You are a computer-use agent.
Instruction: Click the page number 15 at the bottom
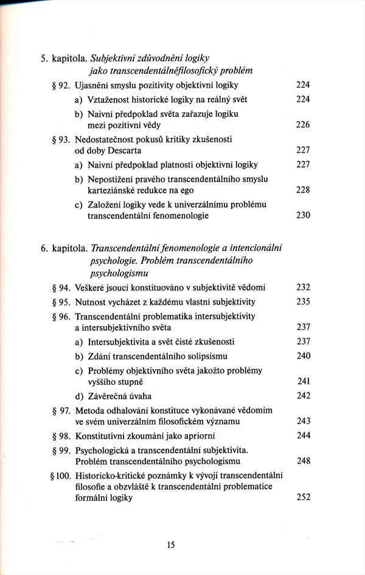point(170,546)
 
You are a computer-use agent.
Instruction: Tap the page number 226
point(302,125)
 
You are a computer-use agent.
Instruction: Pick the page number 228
point(302,190)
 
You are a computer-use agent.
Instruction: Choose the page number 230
point(302,216)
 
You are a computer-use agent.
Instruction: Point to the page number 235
point(302,302)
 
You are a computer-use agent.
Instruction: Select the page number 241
point(302,383)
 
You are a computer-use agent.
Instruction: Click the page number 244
point(302,436)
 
